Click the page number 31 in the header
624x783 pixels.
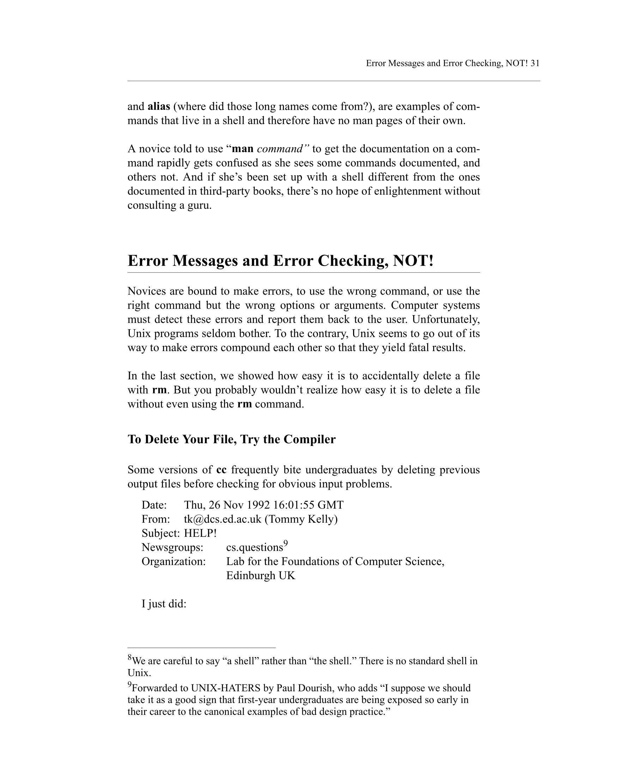click(x=535, y=63)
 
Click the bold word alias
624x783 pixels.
click(x=159, y=107)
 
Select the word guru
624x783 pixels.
click(x=199, y=206)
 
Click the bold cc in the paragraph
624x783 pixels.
click(x=221, y=470)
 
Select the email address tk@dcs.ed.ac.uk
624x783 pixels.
click(x=222, y=519)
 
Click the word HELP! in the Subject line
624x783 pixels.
click(x=200, y=534)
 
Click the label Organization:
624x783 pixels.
click(x=174, y=561)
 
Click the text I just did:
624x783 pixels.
click(x=164, y=604)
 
